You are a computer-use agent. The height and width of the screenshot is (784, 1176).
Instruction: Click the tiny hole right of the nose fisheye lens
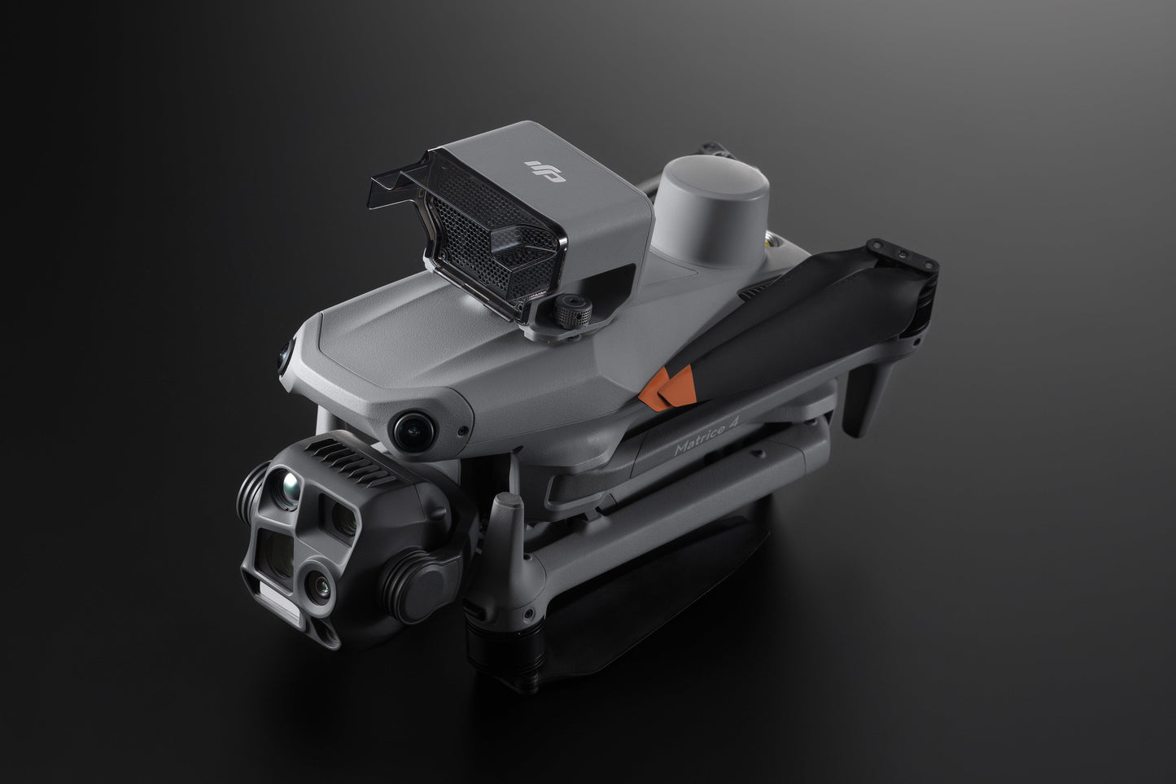[461, 431]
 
